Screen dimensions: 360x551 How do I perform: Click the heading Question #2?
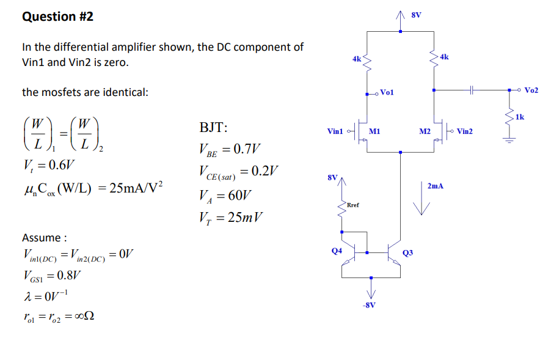click(x=58, y=17)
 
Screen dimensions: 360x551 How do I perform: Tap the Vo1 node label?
click(x=387, y=92)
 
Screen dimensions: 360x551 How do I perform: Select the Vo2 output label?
click(x=531, y=90)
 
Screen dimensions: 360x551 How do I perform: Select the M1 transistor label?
click(x=375, y=131)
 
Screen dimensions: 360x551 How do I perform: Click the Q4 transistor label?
click(x=336, y=250)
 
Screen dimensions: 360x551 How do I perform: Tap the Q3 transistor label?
click(x=408, y=252)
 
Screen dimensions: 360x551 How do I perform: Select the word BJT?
click(x=214, y=128)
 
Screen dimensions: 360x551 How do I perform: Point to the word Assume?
click(x=43, y=237)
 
